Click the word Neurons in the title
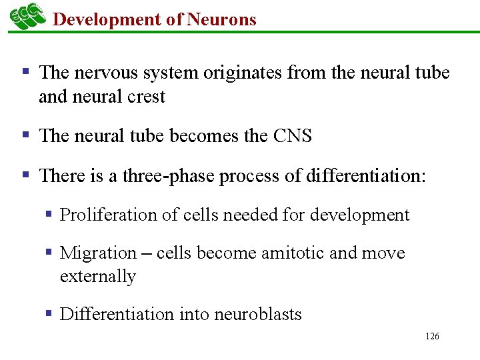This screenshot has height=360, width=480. tap(221, 19)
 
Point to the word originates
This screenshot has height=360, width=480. tap(238, 73)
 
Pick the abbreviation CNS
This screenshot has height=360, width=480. tap(292, 136)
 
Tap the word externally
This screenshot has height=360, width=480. tap(98, 276)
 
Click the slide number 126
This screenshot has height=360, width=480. tap(432, 337)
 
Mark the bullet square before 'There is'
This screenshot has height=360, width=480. tap(26, 175)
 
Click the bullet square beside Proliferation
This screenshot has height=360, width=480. tap(49, 215)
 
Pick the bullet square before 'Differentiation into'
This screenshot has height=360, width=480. tap(49, 313)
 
